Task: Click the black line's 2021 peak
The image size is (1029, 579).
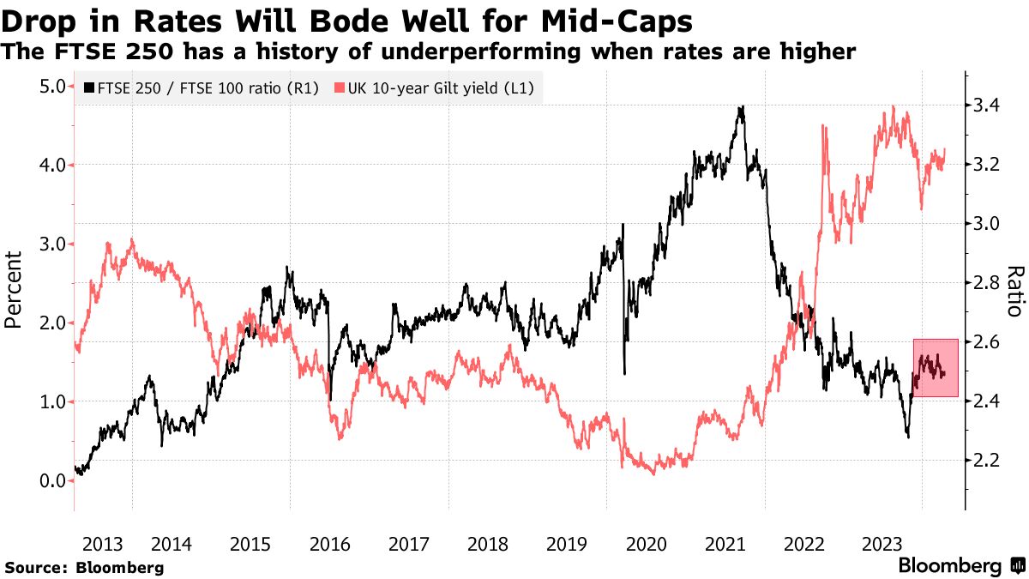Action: [x=742, y=108]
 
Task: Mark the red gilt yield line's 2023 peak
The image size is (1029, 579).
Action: [x=894, y=107]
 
